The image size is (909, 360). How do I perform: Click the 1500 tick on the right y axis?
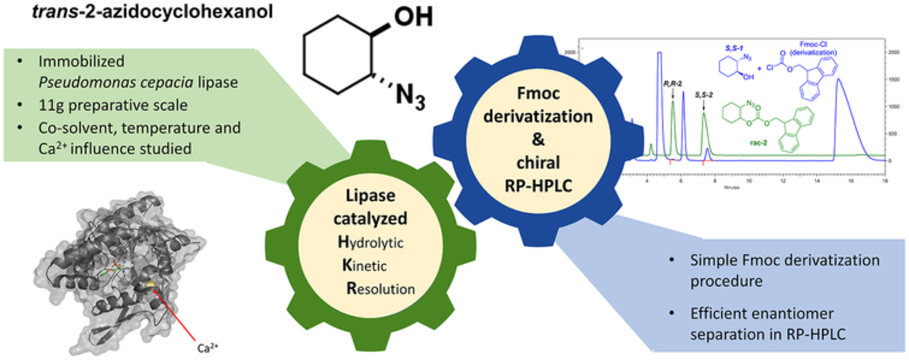(x=896, y=79)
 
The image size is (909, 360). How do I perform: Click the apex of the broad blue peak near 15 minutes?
(x=838, y=79)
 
